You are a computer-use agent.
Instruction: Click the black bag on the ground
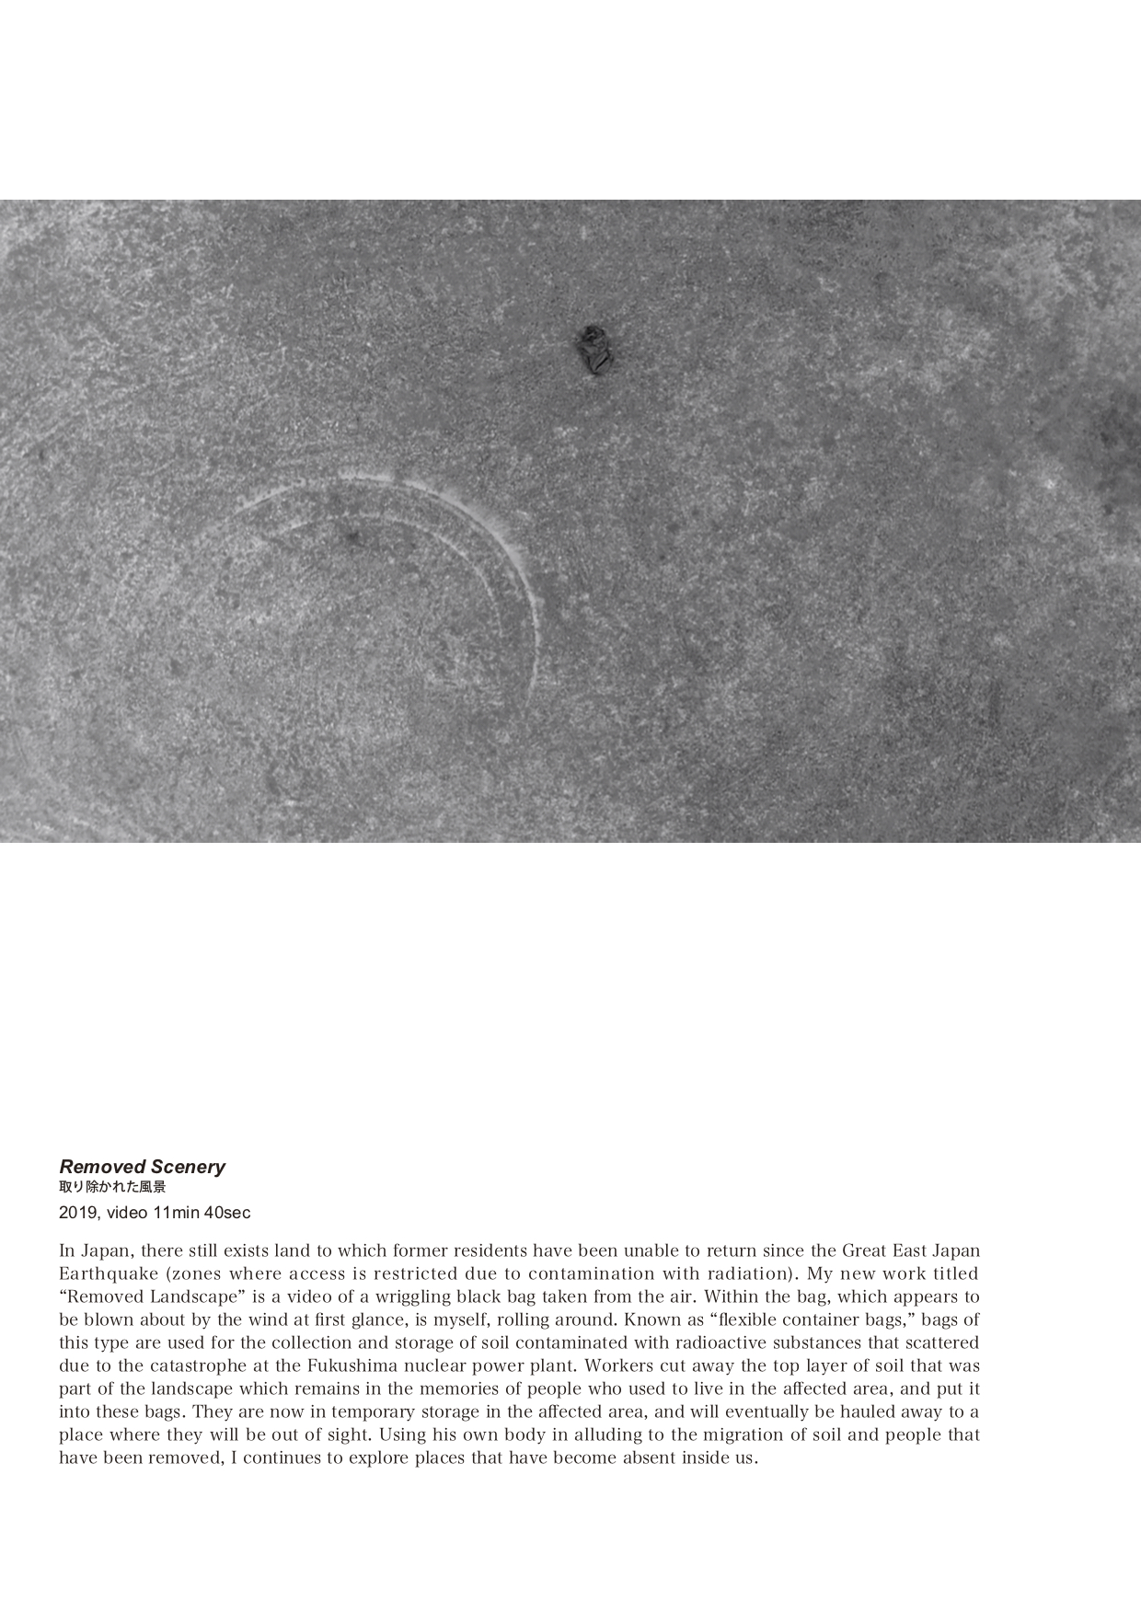pos(594,350)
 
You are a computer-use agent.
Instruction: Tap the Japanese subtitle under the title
pos(112,1187)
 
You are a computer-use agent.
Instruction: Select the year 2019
pos(77,1213)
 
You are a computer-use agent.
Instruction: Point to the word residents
pos(491,1250)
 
